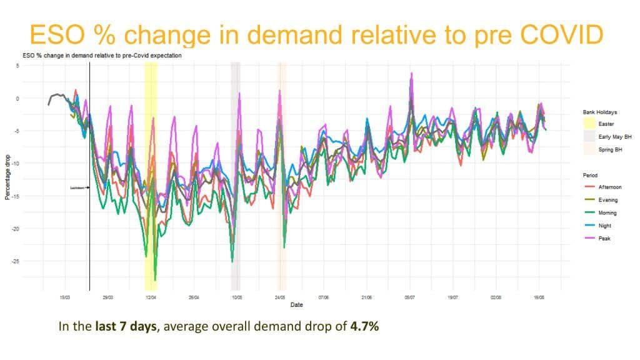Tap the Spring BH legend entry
coord(610,149)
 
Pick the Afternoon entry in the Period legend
coord(610,187)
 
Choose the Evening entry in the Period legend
coord(608,200)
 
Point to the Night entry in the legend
coord(605,226)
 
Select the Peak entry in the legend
coord(604,238)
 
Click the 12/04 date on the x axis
coord(151,298)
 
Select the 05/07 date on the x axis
coord(410,298)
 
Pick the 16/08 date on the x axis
coord(539,298)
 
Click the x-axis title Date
coord(296,305)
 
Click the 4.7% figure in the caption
coord(364,326)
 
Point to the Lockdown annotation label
coord(77,187)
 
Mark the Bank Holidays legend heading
coord(600,112)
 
